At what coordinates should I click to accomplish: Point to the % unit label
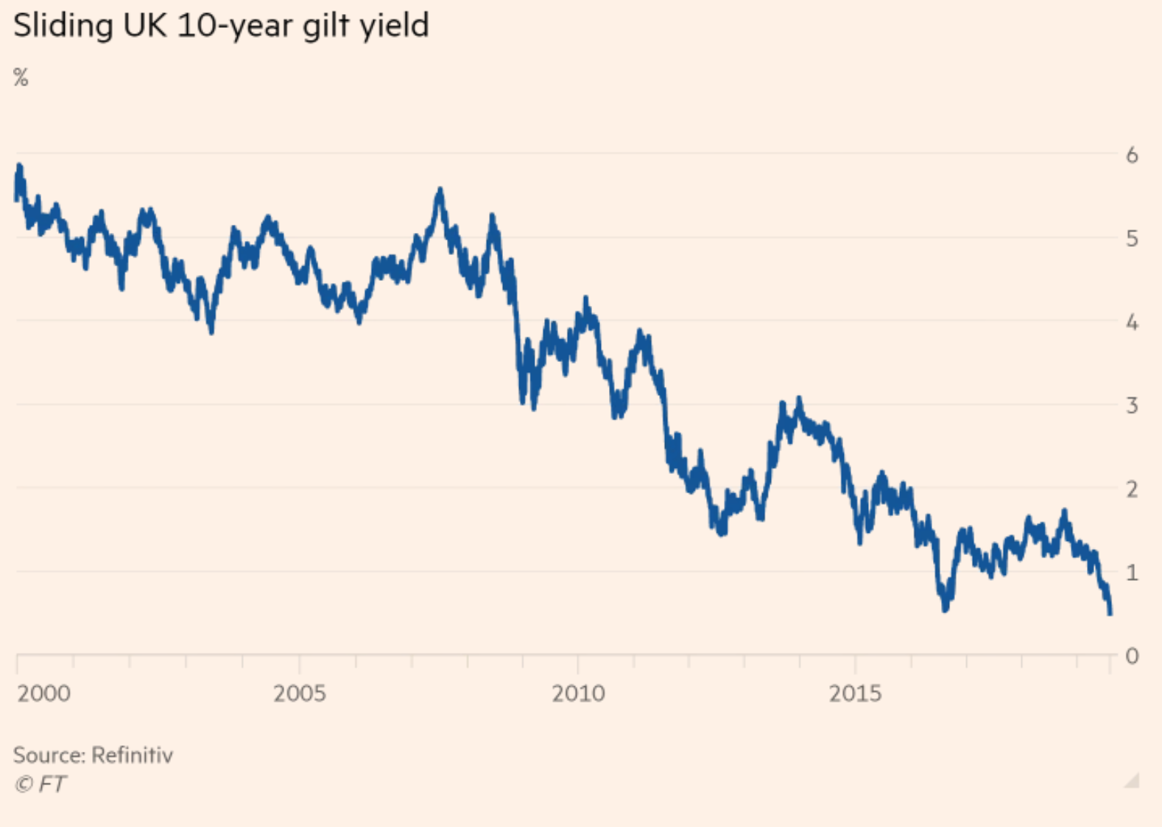[21, 77]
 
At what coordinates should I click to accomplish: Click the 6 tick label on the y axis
[1132, 155]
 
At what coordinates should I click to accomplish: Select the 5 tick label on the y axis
[1132, 239]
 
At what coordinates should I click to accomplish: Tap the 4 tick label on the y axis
[1132, 322]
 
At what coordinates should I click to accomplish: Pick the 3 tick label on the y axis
[1132, 405]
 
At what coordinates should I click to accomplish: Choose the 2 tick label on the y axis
[1132, 489]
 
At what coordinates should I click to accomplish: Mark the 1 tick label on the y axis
[1132, 572]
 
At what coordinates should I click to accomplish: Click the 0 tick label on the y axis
[1132, 655]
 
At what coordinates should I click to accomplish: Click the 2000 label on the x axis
[44, 694]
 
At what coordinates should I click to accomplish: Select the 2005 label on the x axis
[300, 694]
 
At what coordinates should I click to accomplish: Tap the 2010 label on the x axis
[578, 694]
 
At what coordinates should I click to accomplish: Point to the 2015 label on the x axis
[855, 694]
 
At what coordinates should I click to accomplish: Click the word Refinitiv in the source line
[133, 755]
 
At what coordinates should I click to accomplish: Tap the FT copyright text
[41, 784]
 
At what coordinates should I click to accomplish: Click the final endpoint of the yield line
[1110, 612]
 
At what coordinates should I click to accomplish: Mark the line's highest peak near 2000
[19, 167]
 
